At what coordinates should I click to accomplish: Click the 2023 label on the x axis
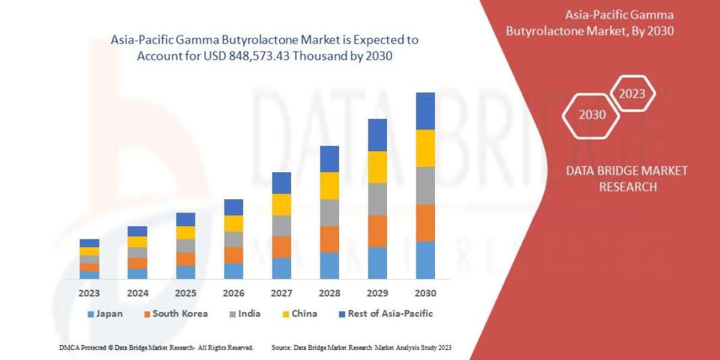(89, 293)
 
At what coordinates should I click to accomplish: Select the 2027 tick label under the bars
(281, 293)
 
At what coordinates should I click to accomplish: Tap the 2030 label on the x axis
(425, 293)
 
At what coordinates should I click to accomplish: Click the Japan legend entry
(106, 314)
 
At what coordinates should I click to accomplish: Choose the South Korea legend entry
(175, 314)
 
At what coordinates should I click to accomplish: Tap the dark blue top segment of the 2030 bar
(425, 111)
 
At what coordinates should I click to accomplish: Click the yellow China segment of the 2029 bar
(377, 167)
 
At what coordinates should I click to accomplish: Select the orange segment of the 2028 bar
(329, 239)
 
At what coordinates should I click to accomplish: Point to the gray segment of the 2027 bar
(281, 226)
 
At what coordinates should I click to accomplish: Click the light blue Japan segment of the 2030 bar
(425, 260)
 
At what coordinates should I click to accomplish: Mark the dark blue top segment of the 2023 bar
(89, 243)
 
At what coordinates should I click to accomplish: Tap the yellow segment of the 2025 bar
(185, 233)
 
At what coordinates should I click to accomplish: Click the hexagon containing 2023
(632, 94)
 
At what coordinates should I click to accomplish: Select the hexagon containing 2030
(592, 115)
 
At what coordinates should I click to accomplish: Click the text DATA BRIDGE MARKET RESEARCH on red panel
(627, 179)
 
